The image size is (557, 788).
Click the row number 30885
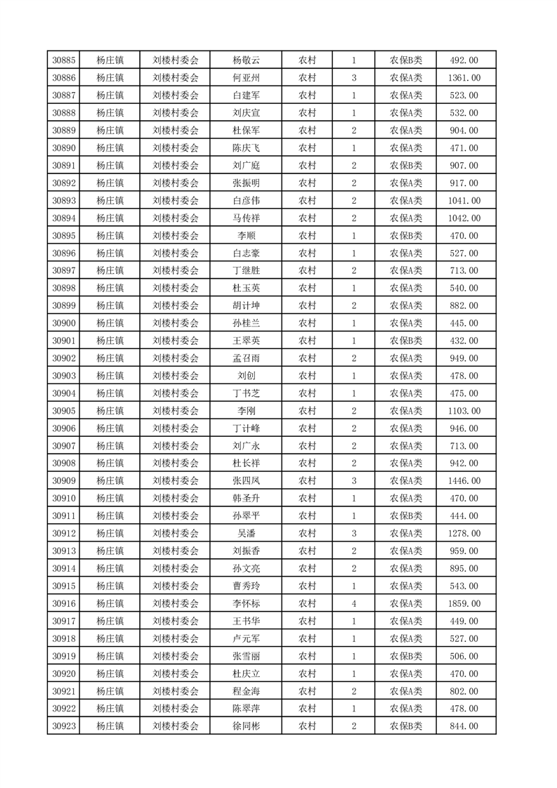64,60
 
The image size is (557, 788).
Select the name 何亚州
247,78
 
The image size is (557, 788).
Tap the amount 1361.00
464,78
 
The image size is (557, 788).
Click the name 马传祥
247,218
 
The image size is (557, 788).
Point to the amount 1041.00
464,201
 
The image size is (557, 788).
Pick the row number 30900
64,323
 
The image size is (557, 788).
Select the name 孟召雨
247,358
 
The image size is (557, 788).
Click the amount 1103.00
464,411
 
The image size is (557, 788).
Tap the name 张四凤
247,481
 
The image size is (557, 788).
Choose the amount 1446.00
464,481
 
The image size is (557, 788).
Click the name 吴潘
247,534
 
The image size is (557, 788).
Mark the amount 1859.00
464,603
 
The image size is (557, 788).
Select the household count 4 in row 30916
353,603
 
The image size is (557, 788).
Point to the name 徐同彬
247,726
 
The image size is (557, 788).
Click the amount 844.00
464,726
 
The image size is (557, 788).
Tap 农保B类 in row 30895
406,236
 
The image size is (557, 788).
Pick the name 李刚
247,411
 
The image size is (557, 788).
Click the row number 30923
64,726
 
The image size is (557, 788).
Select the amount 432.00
464,341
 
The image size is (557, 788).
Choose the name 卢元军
247,638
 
